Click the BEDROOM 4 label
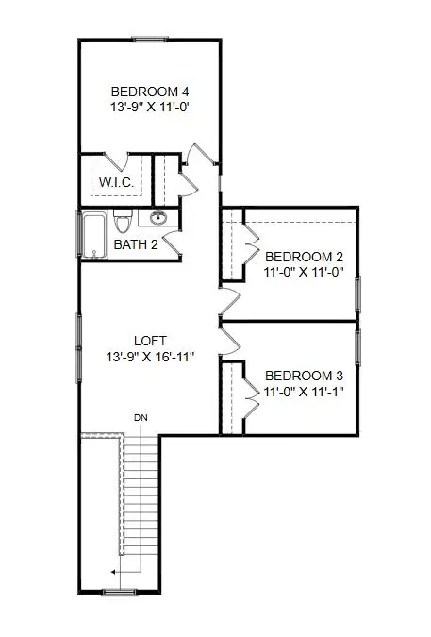coord(150,92)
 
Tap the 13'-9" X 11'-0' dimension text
coord(150,108)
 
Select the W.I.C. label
coord(113,180)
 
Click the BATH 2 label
coord(137,244)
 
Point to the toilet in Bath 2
coord(122,223)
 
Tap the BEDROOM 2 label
coord(304,257)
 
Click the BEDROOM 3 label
coord(303,374)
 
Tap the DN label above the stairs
coord(141,416)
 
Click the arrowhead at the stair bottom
coord(112,571)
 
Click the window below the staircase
coord(119,592)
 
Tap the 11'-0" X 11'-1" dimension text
coord(303,390)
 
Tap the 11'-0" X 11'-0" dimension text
coord(304,273)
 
